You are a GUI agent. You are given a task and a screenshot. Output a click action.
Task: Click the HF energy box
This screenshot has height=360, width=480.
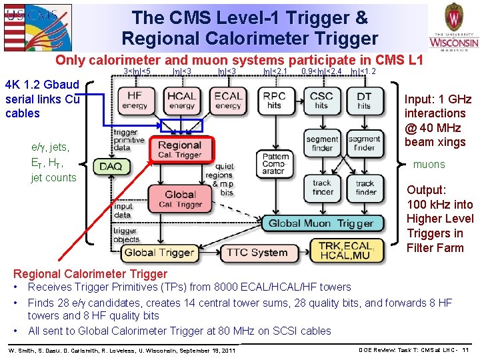coord(135,101)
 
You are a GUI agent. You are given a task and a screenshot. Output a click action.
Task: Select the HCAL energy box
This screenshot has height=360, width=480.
coord(182,101)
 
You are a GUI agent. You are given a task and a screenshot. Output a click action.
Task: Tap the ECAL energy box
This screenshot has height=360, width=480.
coord(228,101)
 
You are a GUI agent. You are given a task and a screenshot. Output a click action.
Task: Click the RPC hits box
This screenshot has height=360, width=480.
coord(275,101)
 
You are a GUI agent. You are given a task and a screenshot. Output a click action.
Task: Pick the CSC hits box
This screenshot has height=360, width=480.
coord(322,101)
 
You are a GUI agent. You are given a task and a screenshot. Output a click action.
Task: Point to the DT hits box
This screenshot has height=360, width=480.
coord(364,101)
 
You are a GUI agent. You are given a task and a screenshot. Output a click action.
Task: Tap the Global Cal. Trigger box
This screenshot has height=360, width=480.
coord(180,199)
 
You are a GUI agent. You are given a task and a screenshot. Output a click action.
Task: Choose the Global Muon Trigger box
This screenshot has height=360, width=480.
coord(321,223)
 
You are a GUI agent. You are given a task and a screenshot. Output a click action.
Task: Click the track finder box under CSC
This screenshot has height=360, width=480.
coord(322,187)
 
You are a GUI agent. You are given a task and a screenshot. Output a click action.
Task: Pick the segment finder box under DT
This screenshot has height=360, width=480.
coord(365,144)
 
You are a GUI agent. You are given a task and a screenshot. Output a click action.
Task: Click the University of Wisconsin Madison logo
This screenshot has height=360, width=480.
coord(453,29)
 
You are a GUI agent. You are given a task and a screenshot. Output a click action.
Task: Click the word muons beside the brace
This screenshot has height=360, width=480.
coord(429,165)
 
